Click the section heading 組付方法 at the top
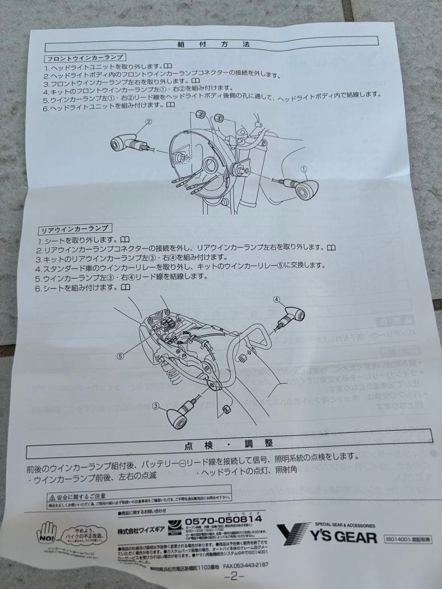(213, 45)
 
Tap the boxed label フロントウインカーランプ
(85, 57)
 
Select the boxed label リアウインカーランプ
(74, 229)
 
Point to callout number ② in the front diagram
(148, 122)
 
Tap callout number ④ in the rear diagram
(277, 299)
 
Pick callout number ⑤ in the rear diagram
(121, 356)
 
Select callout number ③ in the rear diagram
(156, 406)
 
